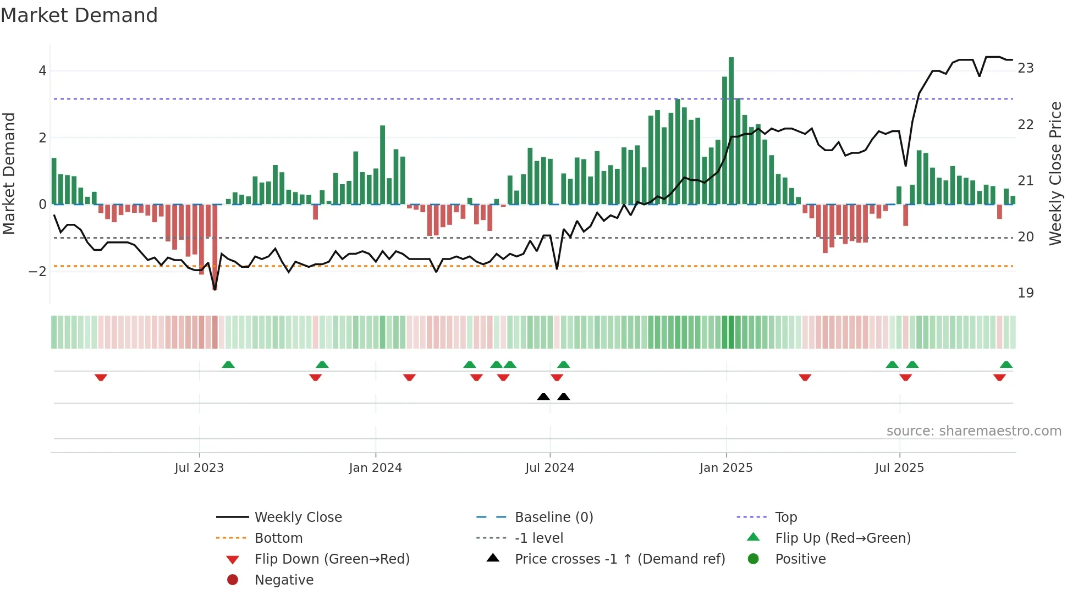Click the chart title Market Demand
pyautogui.click(x=79, y=15)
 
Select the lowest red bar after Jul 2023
pyautogui.click(x=215, y=247)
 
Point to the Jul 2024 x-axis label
pyautogui.click(x=549, y=468)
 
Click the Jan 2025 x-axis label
pyautogui.click(x=726, y=468)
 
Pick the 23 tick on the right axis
pyautogui.click(x=1025, y=68)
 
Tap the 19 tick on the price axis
pyautogui.click(x=1025, y=293)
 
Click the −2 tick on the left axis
pyautogui.click(x=37, y=272)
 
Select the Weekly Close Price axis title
pyautogui.click(x=1055, y=173)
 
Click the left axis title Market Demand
pyautogui.click(x=9, y=173)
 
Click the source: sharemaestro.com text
pyautogui.click(x=974, y=431)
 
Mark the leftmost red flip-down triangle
pyautogui.click(x=101, y=377)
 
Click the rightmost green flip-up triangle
pyautogui.click(x=1006, y=365)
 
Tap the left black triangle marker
pyautogui.click(x=543, y=396)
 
